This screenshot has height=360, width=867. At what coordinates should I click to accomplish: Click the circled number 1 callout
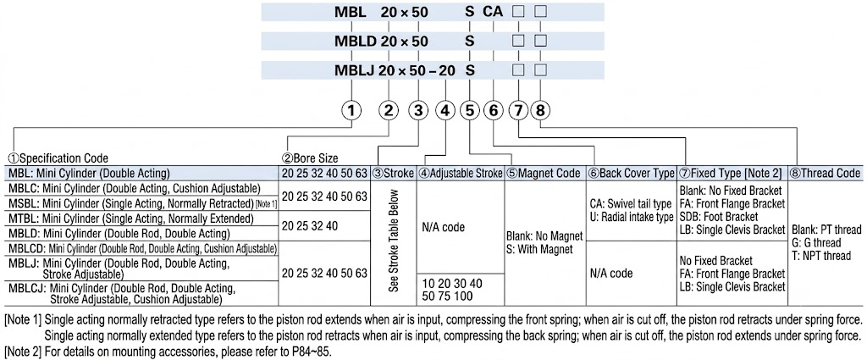pyautogui.click(x=351, y=111)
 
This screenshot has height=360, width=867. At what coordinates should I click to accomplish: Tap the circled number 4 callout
pyautogui.click(x=445, y=111)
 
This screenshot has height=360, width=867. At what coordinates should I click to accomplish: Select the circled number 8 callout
pyautogui.click(x=540, y=111)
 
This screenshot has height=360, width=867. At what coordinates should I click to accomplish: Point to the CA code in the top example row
pyautogui.click(x=494, y=11)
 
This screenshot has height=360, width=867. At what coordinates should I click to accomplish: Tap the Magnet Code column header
pyautogui.click(x=543, y=173)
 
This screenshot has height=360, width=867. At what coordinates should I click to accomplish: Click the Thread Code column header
pyautogui.click(x=825, y=173)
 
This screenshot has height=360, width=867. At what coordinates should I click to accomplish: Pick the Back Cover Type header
pyautogui.click(x=631, y=173)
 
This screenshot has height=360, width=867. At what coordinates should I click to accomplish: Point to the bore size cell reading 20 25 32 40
pyautogui.click(x=310, y=226)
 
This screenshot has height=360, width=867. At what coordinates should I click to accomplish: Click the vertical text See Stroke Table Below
pyautogui.click(x=393, y=241)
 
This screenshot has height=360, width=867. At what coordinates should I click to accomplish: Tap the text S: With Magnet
pyautogui.click(x=539, y=248)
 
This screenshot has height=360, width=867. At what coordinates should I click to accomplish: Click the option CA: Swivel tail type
pyautogui.click(x=630, y=205)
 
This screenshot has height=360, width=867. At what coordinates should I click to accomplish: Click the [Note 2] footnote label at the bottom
pyautogui.click(x=23, y=352)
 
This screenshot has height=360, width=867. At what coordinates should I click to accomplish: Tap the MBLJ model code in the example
pyautogui.click(x=356, y=71)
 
